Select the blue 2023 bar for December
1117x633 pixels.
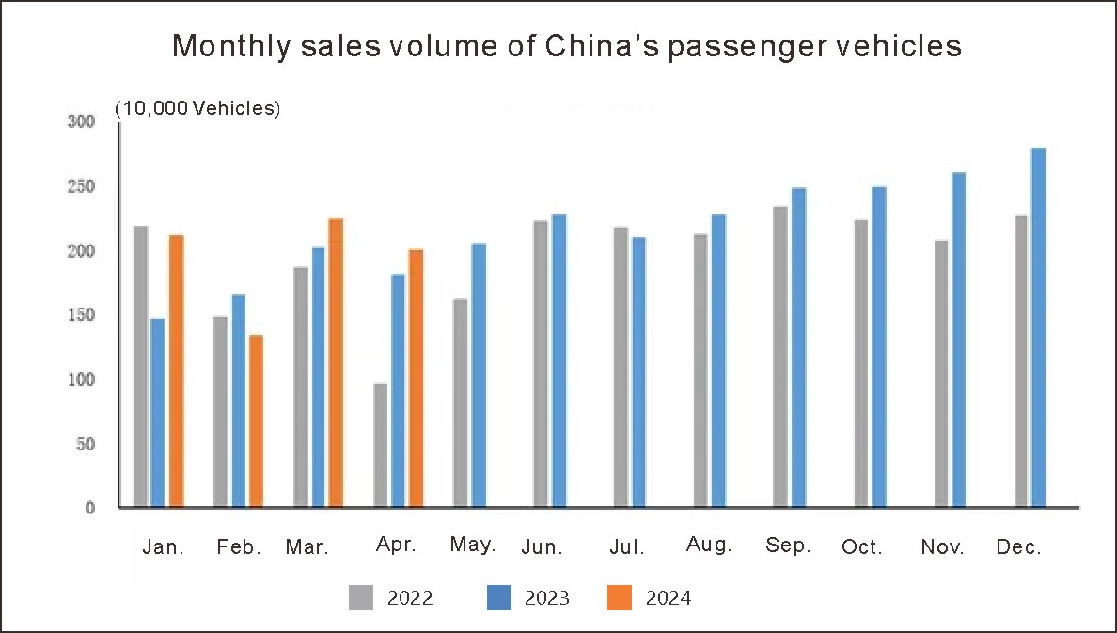pyautogui.click(x=1038, y=327)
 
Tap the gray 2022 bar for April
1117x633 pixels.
pyautogui.click(x=380, y=445)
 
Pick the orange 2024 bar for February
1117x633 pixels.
pyautogui.click(x=256, y=420)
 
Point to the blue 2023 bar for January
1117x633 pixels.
pyautogui.click(x=158, y=413)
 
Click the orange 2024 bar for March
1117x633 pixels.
pyautogui.click(x=336, y=363)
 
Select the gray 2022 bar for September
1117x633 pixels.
pyautogui.click(x=780, y=356)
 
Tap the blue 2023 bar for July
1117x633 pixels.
pyautogui.click(x=638, y=372)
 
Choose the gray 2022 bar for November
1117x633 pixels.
pyautogui.click(x=941, y=373)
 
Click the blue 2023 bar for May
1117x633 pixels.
pyautogui.click(x=479, y=375)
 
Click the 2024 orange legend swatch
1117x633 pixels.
pyautogui.click(x=620, y=597)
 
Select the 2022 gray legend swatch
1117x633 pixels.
pyautogui.click(x=361, y=597)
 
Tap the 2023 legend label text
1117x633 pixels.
pyautogui.click(x=547, y=598)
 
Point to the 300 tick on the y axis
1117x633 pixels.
pyautogui.click(x=81, y=121)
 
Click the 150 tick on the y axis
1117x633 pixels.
pyautogui.click(x=81, y=315)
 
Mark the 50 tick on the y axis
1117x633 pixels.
pyautogui.click(x=85, y=443)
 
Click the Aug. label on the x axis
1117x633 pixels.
pyautogui.click(x=709, y=546)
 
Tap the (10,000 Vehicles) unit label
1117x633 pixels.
pyautogui.click(x=197, y=108)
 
